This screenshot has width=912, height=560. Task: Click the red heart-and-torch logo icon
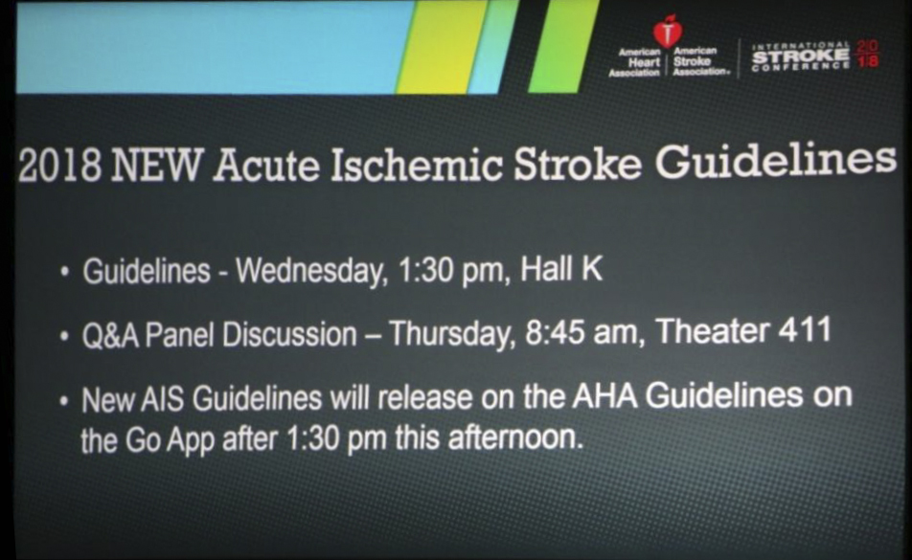coord(667,31)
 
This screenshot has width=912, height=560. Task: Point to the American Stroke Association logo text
coord(699,61)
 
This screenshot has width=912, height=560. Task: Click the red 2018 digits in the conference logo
coord(868,54)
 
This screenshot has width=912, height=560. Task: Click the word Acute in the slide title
coord(266,166)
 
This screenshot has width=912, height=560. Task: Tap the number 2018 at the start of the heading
coord(59,167)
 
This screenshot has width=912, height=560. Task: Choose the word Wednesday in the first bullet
coord(311,271)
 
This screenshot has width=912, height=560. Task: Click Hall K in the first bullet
coord(561,269)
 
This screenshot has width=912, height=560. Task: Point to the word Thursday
coord(452,334)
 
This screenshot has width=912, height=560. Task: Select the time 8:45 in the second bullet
coord(555,333)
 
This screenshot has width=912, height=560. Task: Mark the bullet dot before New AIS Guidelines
coord(64,401)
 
